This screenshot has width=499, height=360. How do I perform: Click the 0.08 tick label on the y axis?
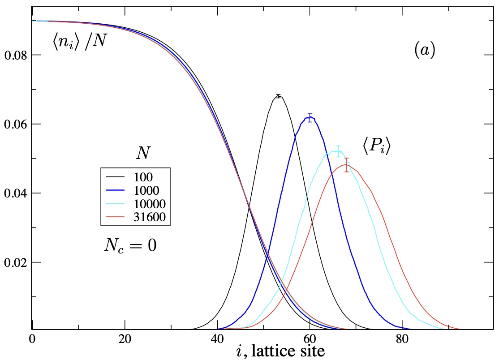[x=16, y=56]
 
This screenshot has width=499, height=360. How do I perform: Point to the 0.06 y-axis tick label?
[x=16, y=124]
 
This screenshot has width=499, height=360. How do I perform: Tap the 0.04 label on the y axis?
[x=16, y=193]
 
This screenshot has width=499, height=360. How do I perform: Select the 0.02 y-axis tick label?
[x=16, y=262]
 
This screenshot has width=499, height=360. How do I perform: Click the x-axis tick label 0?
[x=32, y=339]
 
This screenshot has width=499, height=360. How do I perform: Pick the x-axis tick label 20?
[x=125, y=339]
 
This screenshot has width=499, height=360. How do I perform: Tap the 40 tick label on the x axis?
[x=217, y=339]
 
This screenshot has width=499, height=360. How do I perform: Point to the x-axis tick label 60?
[x=310, y=339]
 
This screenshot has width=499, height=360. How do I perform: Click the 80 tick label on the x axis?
[x=402, y=339]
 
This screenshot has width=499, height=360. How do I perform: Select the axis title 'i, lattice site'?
[x=280, y=351]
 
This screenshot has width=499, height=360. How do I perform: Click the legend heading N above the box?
[x=143, y=154]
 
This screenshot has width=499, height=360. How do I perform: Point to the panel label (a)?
[x=424, y=51]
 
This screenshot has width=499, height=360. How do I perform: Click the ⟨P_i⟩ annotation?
[x=376, y=146]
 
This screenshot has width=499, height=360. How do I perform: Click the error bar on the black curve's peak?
[x=278, y=96]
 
